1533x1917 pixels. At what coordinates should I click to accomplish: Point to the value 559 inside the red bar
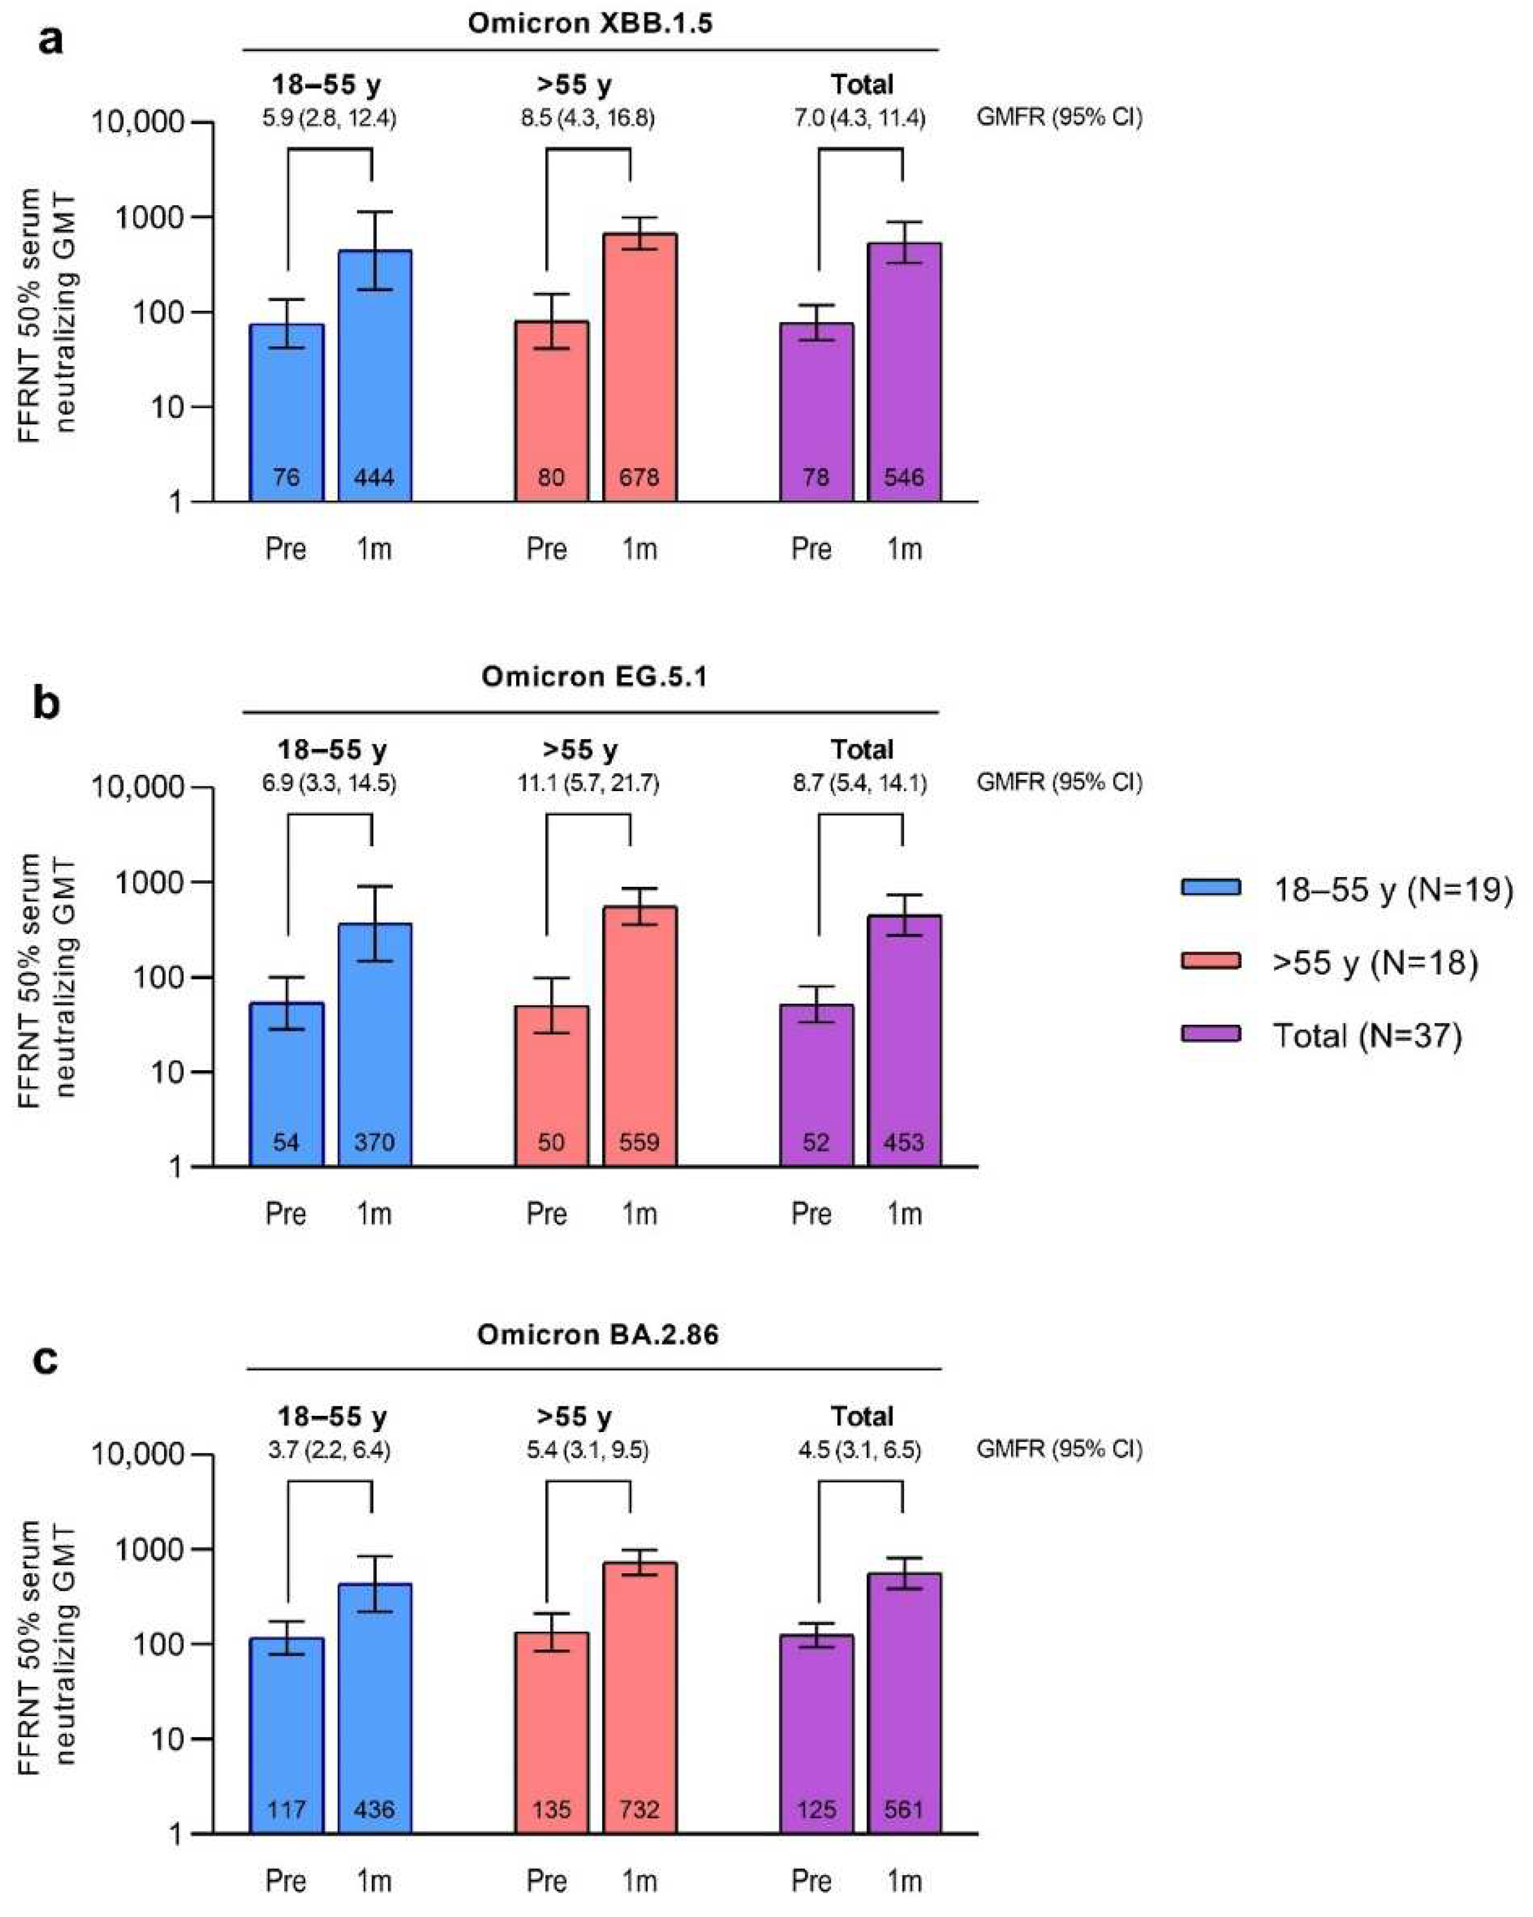639,1141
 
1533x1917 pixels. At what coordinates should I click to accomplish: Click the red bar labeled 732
639,1698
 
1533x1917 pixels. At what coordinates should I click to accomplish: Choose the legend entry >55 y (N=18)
1374,962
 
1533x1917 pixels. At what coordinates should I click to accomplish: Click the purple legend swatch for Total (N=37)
1210,1034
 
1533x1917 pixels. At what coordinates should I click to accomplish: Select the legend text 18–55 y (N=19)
1392,889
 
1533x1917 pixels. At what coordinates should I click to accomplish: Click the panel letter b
46,703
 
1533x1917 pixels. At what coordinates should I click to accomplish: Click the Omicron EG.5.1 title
594,677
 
